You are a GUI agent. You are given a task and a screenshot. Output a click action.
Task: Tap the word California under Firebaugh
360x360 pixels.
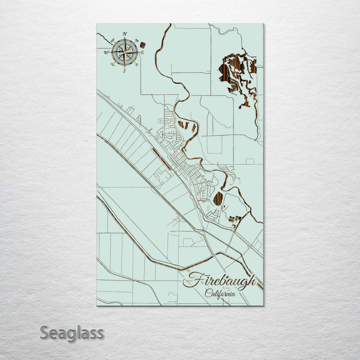(220, 293)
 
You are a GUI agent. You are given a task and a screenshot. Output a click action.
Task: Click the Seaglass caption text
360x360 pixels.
(72, 332)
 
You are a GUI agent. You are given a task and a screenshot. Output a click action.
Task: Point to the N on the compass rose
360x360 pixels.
(124, 34)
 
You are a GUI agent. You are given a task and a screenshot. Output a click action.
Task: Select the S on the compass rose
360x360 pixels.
(124, 71)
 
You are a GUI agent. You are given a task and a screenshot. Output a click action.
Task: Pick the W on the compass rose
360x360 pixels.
(106, 52)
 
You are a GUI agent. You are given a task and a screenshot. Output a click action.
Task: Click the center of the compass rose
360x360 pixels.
(124, 52)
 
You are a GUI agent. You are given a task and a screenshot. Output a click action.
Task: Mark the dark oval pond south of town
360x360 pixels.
(218, 199)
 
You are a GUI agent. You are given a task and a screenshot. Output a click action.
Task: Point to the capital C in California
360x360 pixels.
(207, 293)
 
